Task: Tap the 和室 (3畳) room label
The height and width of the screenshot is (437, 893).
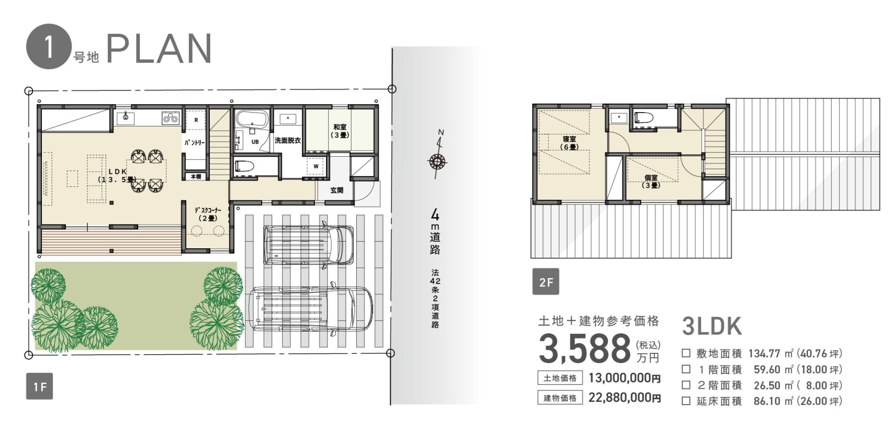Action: [x=340, y=131]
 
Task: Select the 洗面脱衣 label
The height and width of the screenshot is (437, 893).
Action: [x=287, y=140]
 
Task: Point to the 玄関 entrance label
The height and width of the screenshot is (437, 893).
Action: [x=337, y=190]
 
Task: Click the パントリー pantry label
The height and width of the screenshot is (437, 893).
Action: [x=194, y=143]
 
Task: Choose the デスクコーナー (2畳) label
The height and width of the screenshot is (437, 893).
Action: [x=208, y=214]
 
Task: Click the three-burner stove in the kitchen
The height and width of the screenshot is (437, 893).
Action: [x=170, y=118]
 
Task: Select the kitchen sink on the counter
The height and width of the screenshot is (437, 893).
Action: [x=126, y=118]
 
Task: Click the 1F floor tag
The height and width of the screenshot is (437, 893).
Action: [x=40, y=386]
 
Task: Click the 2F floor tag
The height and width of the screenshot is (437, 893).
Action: [x=546, y=281]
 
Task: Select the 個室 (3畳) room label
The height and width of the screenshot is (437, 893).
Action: [x=651, y=181]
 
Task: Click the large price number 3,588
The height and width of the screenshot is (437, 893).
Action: [x=585, y=349]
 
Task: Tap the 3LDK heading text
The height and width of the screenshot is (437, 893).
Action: [x=712, y=326]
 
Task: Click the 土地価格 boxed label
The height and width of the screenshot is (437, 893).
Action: [x=560, y=378]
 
